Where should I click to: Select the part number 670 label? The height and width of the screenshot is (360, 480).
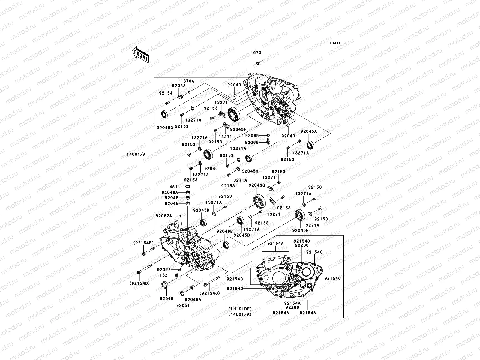tap(257, 53)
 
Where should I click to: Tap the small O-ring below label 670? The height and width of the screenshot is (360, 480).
tap(258, 63)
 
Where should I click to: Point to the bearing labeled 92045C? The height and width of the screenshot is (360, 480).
tap(164, 114)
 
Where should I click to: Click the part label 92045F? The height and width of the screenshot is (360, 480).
tap(238, 129)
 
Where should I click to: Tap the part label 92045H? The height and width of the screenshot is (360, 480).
tap(250, 171)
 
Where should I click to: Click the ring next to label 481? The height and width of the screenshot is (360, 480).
tap(188, 186)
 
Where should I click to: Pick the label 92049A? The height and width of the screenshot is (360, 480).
tap(171, 192)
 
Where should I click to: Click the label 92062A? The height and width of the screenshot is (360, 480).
tap(164, 216)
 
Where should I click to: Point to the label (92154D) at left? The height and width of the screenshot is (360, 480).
tap(140, 283)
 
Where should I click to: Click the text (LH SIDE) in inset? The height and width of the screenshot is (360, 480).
tap(240, 309)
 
